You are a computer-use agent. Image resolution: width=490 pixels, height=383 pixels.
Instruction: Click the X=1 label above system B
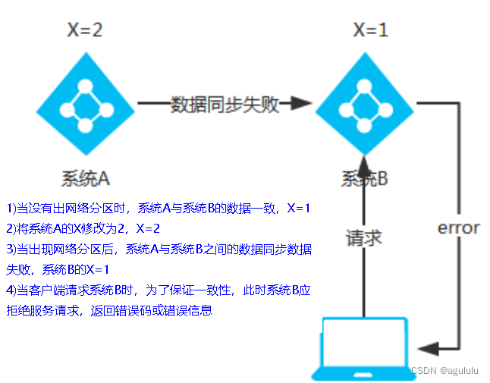371,30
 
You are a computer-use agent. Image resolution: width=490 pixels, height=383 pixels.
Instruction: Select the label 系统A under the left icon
86,178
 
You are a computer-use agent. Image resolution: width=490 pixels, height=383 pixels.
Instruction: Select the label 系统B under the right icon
364,179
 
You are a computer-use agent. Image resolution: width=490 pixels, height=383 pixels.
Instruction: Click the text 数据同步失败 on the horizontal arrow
225,105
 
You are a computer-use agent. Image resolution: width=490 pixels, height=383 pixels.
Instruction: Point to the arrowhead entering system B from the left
300,103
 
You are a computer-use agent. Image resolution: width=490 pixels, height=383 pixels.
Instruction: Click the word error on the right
458,228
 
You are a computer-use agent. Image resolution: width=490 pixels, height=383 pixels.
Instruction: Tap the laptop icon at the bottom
366,347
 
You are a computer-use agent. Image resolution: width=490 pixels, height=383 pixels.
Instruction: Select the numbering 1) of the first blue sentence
11,208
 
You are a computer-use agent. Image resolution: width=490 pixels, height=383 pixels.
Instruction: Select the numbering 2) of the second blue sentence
11,228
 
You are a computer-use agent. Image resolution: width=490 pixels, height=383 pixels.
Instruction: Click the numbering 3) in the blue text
11,249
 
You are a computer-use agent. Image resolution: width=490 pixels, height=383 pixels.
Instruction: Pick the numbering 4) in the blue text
11,290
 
